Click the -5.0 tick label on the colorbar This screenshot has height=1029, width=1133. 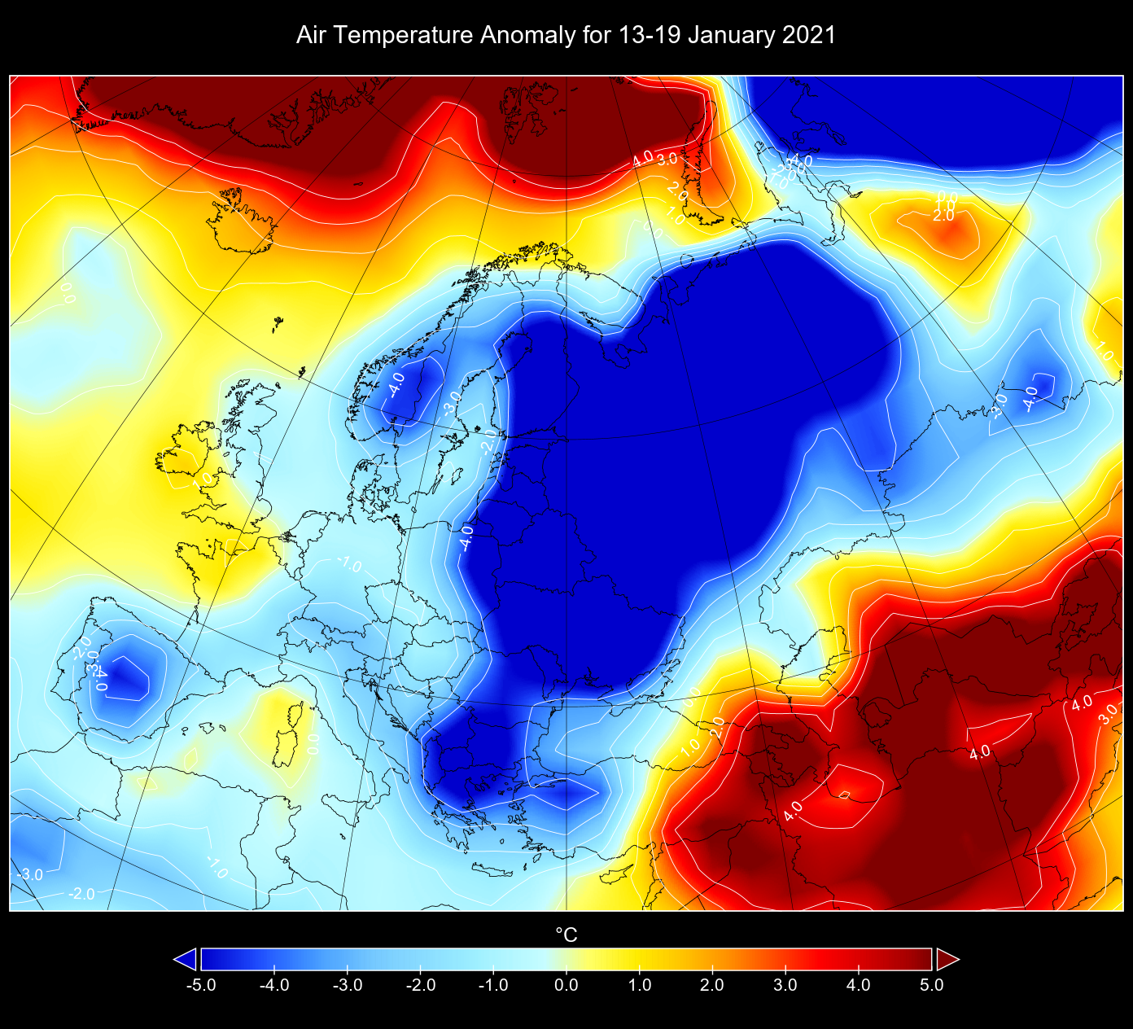point(200,985)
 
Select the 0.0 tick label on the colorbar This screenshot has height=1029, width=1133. point(566,985)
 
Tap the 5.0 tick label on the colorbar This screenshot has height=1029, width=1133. point(931,985)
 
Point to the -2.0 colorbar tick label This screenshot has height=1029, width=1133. point(419,985)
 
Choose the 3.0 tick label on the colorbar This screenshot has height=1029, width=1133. point(785,985)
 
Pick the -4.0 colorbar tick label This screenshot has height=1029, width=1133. point(273,985)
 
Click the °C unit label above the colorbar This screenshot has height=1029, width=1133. point(566,935)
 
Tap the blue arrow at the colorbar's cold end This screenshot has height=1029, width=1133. point(186,960)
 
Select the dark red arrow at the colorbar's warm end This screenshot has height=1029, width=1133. point(947,960)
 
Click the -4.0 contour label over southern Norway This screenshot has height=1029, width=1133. point(396,383)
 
